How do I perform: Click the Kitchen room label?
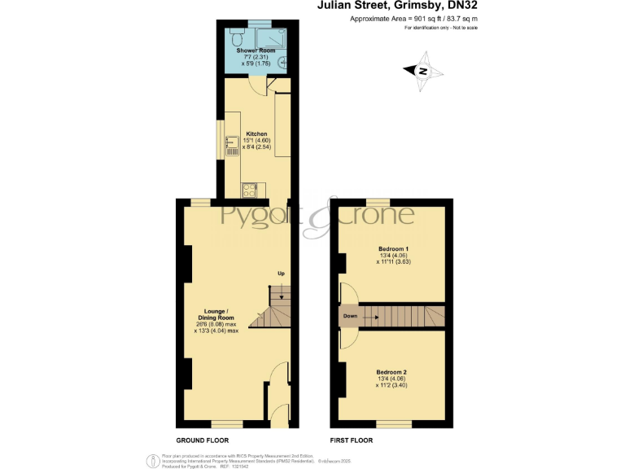(x=256, y=134)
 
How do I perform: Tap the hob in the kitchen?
(x=247, y=190)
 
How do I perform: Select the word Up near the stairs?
(x=281, y=272)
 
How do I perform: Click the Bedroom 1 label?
(x=393, y=248)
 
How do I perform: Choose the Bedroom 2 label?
(x=392, y=372)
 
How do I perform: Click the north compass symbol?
(x=422, y=72)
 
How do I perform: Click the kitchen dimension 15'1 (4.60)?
(x=256, y=141)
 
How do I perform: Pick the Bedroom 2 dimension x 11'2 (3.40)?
(x=392, y=386)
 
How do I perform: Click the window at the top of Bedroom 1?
(x=377, y=201)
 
